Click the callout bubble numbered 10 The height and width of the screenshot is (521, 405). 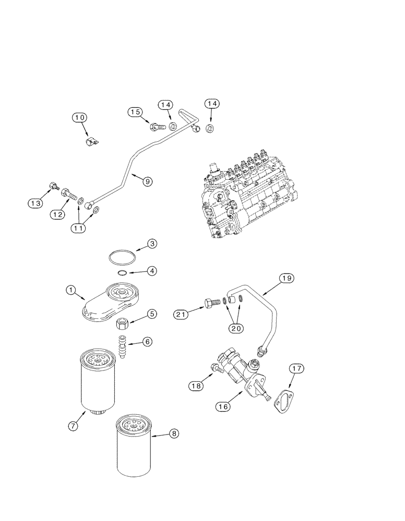tap(79, 118)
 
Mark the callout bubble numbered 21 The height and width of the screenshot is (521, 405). tap(182, 314)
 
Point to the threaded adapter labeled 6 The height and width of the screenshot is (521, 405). tap(122, 346)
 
